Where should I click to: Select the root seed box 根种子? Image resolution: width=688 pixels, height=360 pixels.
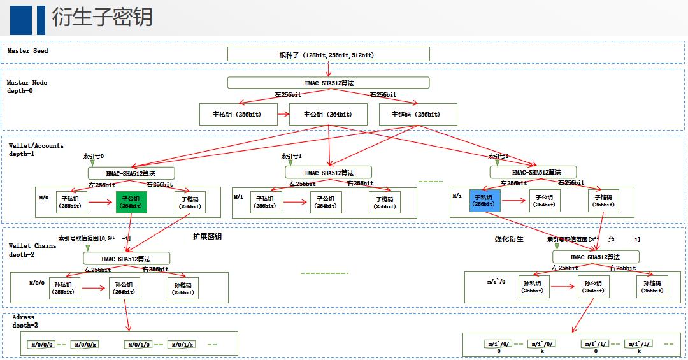pyautogui.click(x=328, y=54)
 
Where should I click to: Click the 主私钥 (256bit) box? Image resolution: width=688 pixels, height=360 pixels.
pyautogui.click(x=239, y=115)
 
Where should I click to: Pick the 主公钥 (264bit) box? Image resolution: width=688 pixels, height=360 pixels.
pyautogui.click(x=328, y=115)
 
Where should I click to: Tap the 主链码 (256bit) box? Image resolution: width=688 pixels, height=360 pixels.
pyautogui.click(x=418, y=115)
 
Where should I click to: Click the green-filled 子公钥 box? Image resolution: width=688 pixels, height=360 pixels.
pyautogui.click(x=131, y=201)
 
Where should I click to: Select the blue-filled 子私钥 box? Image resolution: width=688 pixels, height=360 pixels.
pyautogui.click(x=485, y=201)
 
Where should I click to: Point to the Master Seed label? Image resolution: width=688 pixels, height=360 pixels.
pyautogui.click(x=28, y=51)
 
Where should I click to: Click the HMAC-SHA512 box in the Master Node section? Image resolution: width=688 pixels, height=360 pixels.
pyautogui.click(x=328, y=83)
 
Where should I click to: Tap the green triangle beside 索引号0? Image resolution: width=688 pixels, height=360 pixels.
pyautogui.click(x=92, y=163)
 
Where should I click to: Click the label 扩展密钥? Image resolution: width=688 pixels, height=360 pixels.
pyautogui.click(x=208, y=236)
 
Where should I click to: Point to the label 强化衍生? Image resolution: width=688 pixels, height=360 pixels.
pyautogui.click(x=509, y=239)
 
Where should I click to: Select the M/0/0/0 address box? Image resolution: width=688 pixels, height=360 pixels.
pyautogui.click(x=43, y=345)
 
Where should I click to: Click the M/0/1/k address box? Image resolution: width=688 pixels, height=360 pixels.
pyautogui.click(x=181, y=345)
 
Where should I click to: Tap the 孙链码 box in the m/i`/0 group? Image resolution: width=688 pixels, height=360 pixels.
pyautogui.click(x=652, y=287)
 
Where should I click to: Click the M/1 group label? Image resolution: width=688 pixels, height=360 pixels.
pyautogui.click(x=239, y=197)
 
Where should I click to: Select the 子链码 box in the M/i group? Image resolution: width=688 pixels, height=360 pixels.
pyautogui.click(x=603, y=201)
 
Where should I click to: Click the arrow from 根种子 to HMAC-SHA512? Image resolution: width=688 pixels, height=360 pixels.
pyautogui.click(x=328, y=69)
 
